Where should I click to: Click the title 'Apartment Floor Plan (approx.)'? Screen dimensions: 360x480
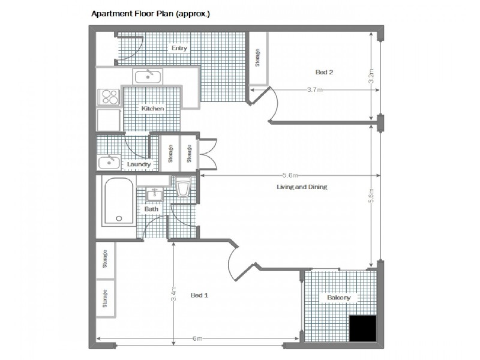[x=150, y=12]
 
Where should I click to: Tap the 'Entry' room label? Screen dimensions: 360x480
[x=179, y=49]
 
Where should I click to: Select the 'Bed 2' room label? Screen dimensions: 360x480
[x=324, y=72]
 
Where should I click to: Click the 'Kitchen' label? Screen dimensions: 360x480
[x=152, y=109]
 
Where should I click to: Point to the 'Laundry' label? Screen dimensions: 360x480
[x=139, y=164]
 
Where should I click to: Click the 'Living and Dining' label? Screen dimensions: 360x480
[x=301, y=187]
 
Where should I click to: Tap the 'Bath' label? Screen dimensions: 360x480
[x=151, y=209]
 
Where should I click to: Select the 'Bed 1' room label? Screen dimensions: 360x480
[x=199, y=295]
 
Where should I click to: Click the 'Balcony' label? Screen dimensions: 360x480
[x=338, y=298]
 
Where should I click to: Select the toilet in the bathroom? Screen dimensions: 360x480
[x=184, y=187]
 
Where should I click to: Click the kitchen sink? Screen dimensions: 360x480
[x=147, y=76]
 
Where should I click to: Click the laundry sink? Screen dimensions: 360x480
[x=109, y=162]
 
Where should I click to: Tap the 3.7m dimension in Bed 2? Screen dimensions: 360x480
[x=314, y=90]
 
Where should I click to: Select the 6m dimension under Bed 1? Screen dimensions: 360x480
[x=197, y=339]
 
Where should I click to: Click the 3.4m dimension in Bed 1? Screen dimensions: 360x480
[x=173, y=295]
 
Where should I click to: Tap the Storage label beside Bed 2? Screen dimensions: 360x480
[x=258, y=56]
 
